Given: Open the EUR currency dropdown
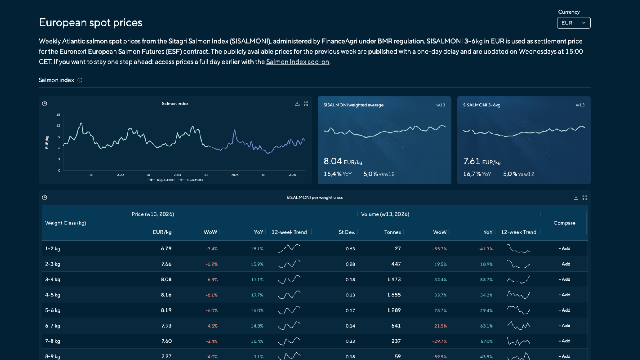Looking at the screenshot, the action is pyautogui.click(x=574, y=23).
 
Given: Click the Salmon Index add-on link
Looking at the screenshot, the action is pyautogui.click(x=298, y=62).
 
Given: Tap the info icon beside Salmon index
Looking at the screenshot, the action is pyautogui.click(x=80, y=80).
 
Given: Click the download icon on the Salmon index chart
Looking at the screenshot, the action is pyautogui.click(x=297, y=104).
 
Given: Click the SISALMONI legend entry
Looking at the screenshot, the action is pyautogui.click(x=190, y=180).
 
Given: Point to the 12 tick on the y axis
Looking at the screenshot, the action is pyautogui.click(x=58, y=126).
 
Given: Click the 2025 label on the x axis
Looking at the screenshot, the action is pyautogui.click(x=234, y=175).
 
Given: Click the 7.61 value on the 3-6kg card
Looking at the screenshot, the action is pyautogui.click(x=472, y=161).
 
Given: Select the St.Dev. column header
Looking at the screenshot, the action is pyautogui.click(x=346, y=232).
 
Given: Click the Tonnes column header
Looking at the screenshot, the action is pyautogui.click(x=392, y=232).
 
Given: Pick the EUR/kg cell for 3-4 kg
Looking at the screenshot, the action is pyautogui.click(x=166, y=280).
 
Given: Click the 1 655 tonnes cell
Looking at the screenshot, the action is pyautogui.click(x=394, y=295).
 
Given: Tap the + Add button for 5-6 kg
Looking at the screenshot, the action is pyautogui.click(x=564, y=310).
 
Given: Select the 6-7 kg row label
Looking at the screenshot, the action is pyautogui.click(x=52, y=326).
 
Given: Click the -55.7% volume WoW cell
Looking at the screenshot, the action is pyautogui.click(x=440, y=249).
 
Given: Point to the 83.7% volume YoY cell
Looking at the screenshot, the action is pyautogui.click(x=486, y=280).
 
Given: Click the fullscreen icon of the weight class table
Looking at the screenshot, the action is pyautogui.click(x=585, y=198).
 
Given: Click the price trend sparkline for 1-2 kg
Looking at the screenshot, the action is pyautogui.click(x=289, y=248).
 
